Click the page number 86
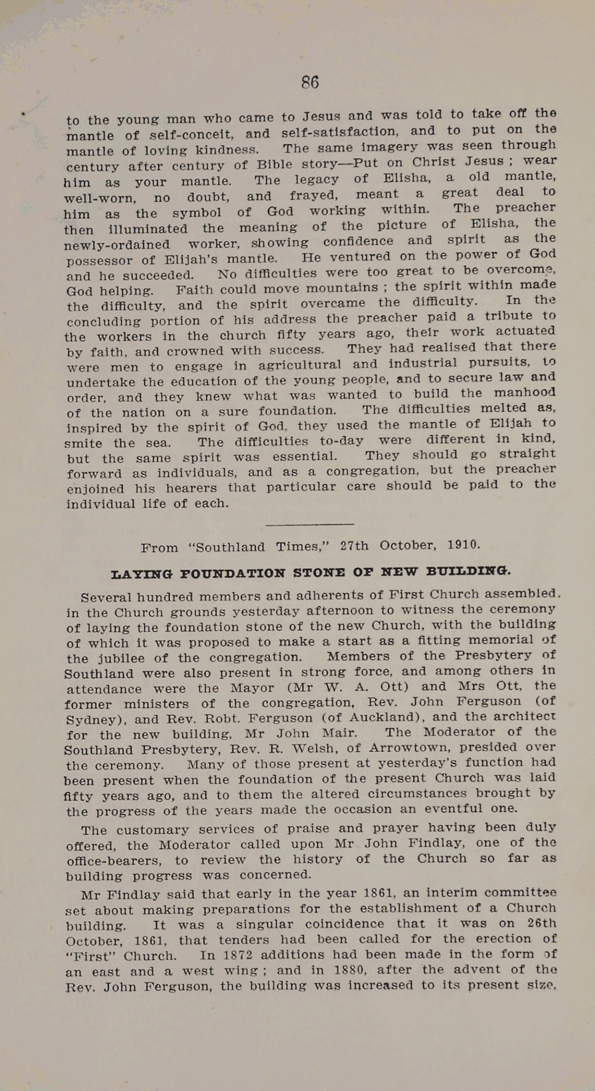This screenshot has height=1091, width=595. click(310, 82)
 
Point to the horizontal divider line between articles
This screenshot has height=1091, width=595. click(309, 525)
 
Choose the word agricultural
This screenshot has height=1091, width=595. click(300, 365)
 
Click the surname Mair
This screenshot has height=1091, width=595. click(340, 733)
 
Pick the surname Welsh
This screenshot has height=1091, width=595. click(319, 749)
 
